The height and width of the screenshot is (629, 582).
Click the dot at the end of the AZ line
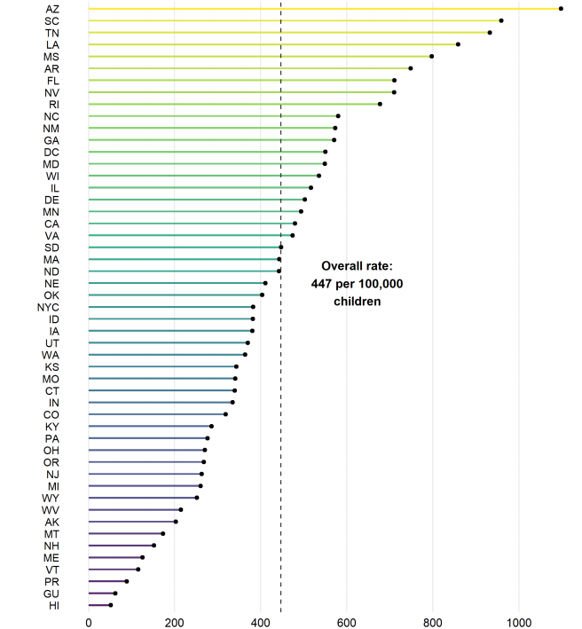[561, 8]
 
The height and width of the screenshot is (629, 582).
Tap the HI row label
[53, 605]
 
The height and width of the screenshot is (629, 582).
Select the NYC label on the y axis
[48, 307]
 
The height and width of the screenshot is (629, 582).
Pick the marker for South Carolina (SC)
[501, 20]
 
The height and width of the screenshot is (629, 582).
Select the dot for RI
[380, 104]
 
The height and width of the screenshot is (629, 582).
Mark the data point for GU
[115, 593]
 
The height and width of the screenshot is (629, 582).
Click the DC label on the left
[52, 152]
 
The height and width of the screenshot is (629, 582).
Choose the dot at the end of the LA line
[458, 44]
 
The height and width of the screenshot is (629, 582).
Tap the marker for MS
[432, 56]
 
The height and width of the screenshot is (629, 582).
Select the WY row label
[52, 498]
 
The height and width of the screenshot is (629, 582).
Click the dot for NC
[338, 115]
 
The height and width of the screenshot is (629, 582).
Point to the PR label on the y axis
[52, 581]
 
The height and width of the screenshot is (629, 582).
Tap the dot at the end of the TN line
[490, 32]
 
